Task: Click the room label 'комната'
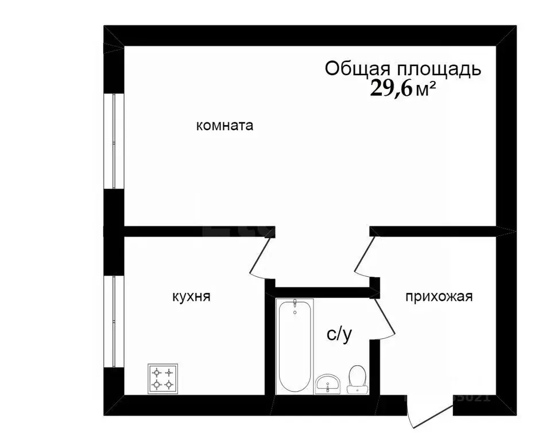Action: (224, 126)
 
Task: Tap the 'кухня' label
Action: (191, 297)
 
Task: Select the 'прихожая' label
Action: (439, 297)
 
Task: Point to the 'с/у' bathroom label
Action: (339, 334)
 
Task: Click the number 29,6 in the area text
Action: (392, 89)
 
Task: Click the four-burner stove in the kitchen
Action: (162, 379)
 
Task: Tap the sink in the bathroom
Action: (328, 384)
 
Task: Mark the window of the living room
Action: (114, 141)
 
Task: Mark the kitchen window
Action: (114, 322)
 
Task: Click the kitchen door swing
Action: (261, 258)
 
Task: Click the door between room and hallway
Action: (363, 253)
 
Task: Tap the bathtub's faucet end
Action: (295, 307)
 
